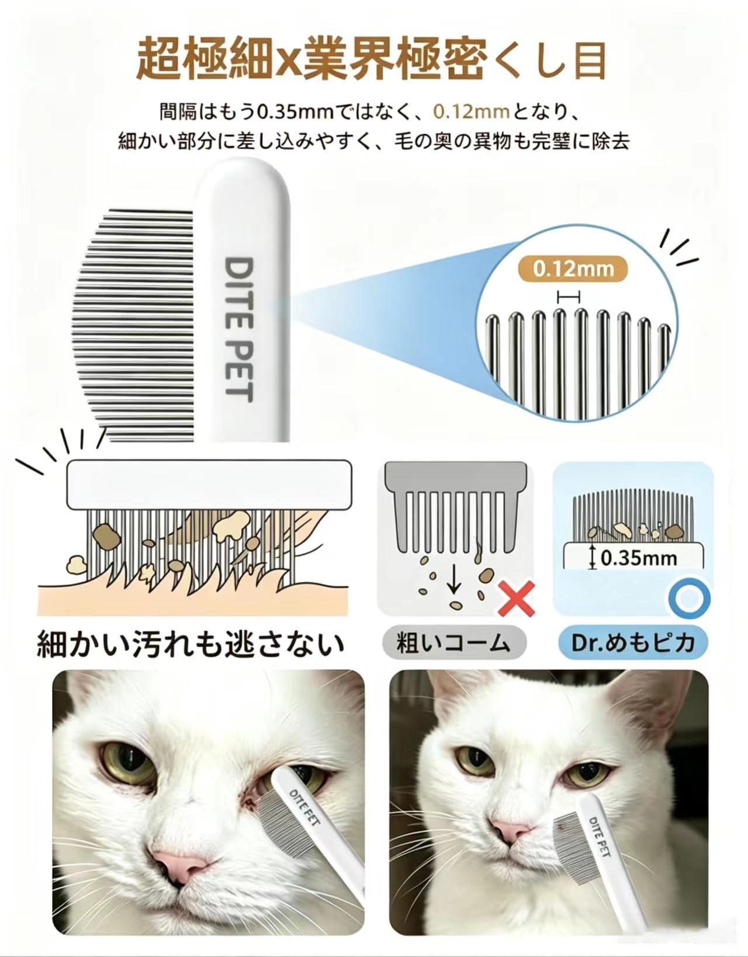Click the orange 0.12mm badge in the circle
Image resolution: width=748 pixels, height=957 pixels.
click(x=573, y=269)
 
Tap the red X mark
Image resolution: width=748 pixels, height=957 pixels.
click(x=516, y=598)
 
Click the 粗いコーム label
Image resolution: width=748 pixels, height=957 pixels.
click(x=454, y=643)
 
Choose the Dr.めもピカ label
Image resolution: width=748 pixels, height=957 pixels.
click(x=633, y=643)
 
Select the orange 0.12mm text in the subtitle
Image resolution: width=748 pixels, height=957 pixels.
click(x=471, y=113)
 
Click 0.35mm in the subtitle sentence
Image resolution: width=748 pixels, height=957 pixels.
click(x=294, y=113)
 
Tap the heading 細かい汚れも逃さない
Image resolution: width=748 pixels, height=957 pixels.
click(x=191, y=644)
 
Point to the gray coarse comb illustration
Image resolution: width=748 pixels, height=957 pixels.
click(x=456, y=506)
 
